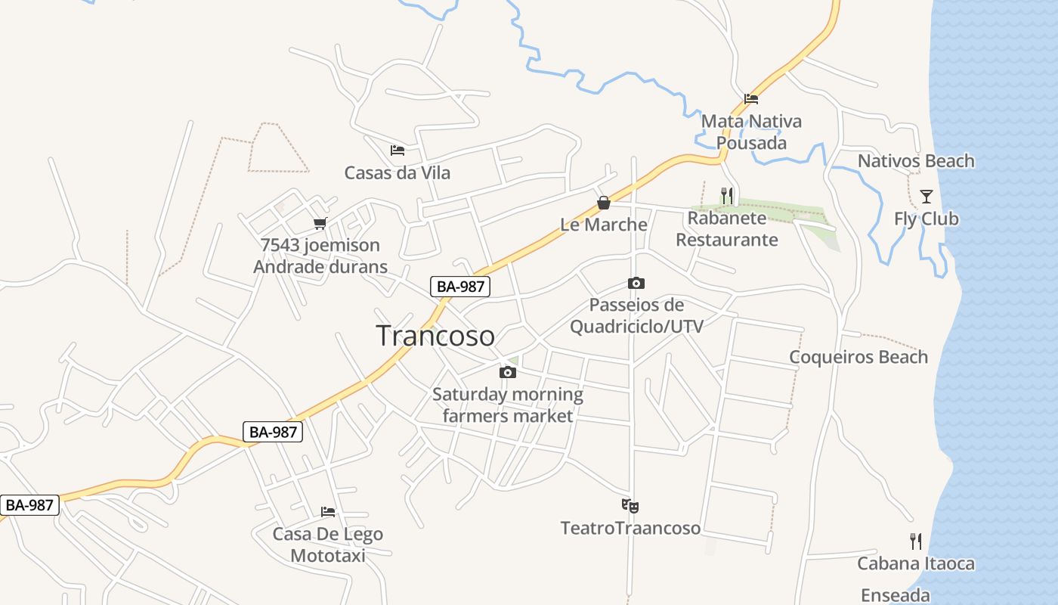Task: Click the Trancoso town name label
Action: click(435, 336)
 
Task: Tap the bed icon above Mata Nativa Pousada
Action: click(750, 98)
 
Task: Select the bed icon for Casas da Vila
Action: click(397, 150)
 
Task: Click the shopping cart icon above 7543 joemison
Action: click(320, 224)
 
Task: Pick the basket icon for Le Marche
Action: click(603, 203)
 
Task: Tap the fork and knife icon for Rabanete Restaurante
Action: click(726, 196)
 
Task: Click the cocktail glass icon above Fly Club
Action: click(926, 197)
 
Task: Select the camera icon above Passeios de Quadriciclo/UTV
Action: click(636, 284)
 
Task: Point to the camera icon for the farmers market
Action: click(507, 372)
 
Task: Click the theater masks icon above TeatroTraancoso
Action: click(630, 504)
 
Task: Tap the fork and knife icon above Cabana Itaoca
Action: click(915, 541)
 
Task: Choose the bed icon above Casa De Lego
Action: click(327, 512)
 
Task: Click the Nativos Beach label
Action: click(915, 161)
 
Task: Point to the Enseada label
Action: click(895, 595)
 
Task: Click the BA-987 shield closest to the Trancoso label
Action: click(460, 287)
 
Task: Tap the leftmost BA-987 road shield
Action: click(29, 505)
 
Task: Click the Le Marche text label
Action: click(603, 225)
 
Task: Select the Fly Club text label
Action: click(926, 219)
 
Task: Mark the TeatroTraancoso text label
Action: click(630, 528)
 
